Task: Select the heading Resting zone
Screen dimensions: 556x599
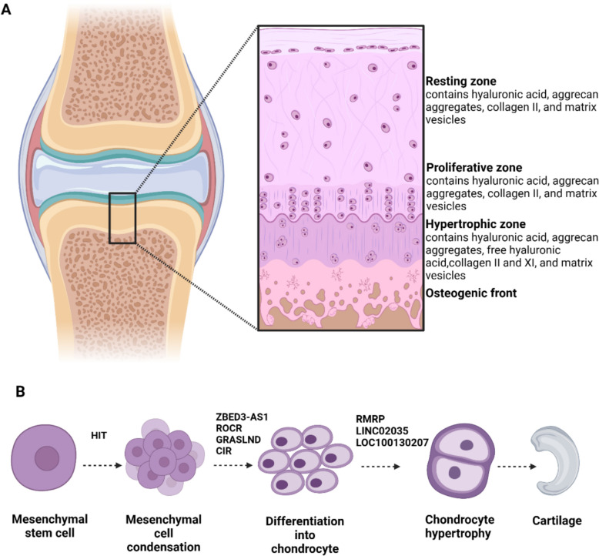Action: click(462, 79)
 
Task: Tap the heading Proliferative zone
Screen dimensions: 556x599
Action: click(474, 167)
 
